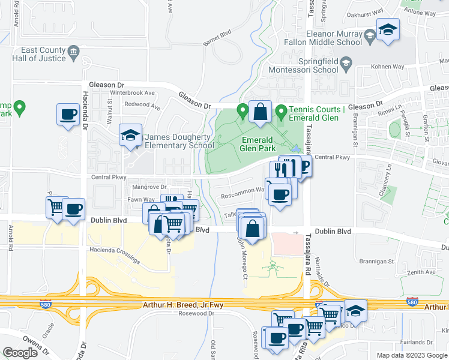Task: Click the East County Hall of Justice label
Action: pos(42,54)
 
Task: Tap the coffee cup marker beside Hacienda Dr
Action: pos(68,114)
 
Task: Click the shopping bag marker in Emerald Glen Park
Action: pos(260,112)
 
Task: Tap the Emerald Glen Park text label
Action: pos(258,143)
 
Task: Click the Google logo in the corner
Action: pos(20,353)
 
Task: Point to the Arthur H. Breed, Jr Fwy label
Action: pos(183,305)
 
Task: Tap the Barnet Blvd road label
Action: pos(217,35)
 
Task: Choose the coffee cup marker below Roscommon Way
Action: pos(280,194)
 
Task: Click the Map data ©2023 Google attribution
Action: pos(412,355)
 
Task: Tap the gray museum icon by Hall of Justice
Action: pos(74,51)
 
